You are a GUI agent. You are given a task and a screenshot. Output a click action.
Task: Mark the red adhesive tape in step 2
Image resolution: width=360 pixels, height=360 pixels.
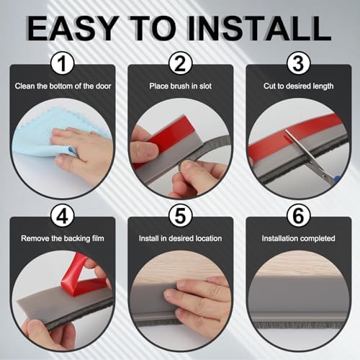point(162,140)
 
